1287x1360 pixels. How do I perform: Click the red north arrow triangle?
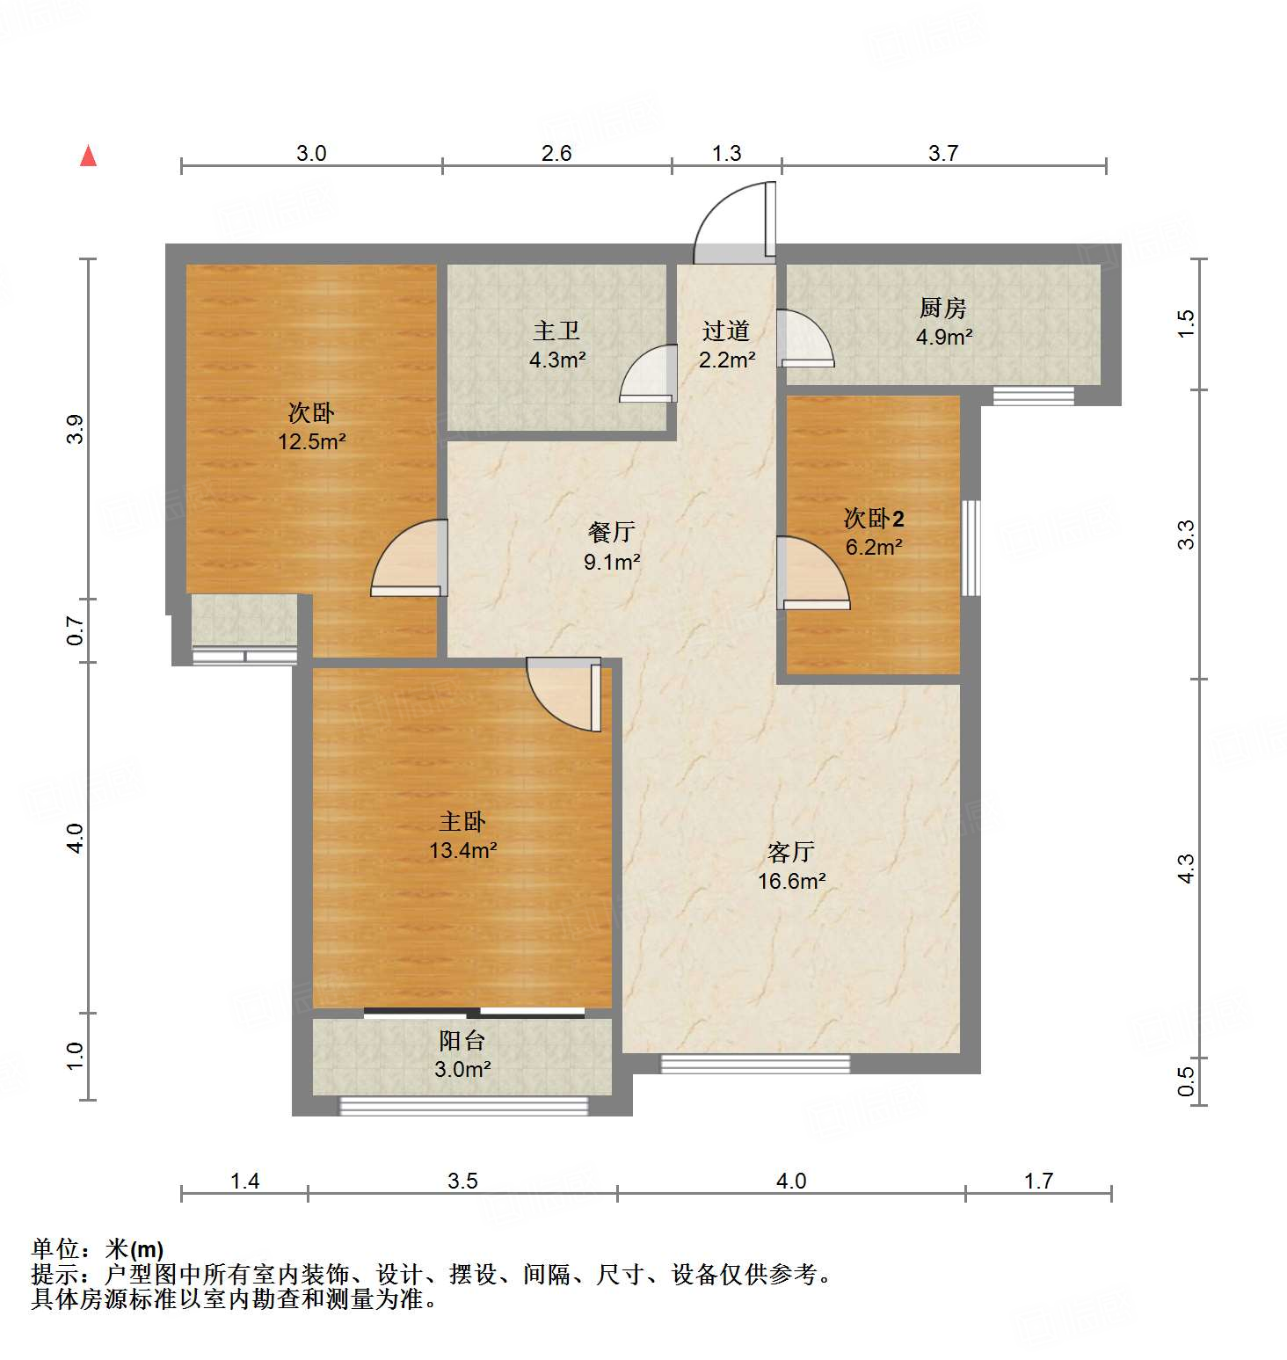[88, 156]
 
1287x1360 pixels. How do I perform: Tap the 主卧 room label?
[462, 822]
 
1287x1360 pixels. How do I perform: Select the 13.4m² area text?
[463, 850]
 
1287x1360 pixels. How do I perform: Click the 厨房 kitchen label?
[943, 308]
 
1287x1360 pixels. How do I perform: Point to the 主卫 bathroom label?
[556, 331]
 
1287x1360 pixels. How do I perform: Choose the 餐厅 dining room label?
[611, 532]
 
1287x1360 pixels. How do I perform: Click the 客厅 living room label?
[791, 852]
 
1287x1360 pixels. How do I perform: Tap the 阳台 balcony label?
[462, 1041]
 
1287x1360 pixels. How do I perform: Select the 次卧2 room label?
[874, 519]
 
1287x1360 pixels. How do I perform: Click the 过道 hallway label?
[726, 331]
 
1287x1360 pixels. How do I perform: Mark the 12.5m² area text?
[312, 441]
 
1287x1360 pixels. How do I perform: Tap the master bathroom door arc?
[647, 374]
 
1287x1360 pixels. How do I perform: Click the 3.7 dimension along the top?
[943, 154]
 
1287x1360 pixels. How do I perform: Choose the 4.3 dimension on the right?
[1186, 869]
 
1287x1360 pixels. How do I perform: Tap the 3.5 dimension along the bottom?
[462, 1181]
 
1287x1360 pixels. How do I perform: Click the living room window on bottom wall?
[755, 1064]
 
